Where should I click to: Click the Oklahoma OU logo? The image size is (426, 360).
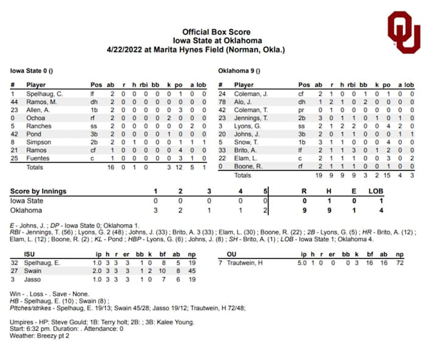(403, 31)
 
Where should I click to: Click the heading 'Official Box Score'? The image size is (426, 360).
(216, 32)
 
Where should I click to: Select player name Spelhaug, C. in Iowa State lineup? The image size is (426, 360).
(44, 94)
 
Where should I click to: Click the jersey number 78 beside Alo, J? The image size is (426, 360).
(222, 102)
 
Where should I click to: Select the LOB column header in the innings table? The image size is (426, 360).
(376, 191)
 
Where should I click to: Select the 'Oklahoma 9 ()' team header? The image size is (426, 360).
(239, 71)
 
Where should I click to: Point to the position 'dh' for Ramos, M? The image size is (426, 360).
(95, 102)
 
